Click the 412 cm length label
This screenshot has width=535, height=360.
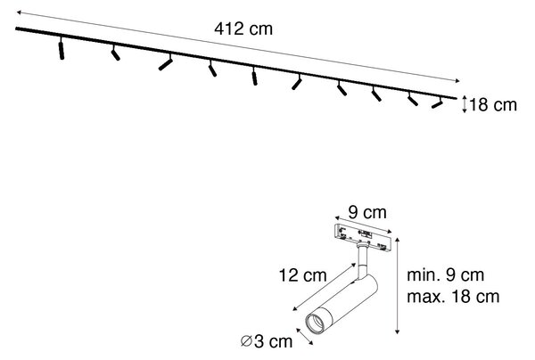[243, 29]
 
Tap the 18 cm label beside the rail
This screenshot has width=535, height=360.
[493, 104]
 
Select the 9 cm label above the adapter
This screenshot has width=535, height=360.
[367, 213]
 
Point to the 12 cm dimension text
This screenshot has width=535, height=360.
[302, 275]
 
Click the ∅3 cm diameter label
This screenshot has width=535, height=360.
[267, 341]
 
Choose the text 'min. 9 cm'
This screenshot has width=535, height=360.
[445, 275]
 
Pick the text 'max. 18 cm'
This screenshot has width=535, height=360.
[453, 297]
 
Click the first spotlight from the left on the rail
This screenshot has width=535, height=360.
[61, 48]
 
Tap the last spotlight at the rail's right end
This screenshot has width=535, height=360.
[437, 103]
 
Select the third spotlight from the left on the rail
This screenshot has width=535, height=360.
[166, 62]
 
